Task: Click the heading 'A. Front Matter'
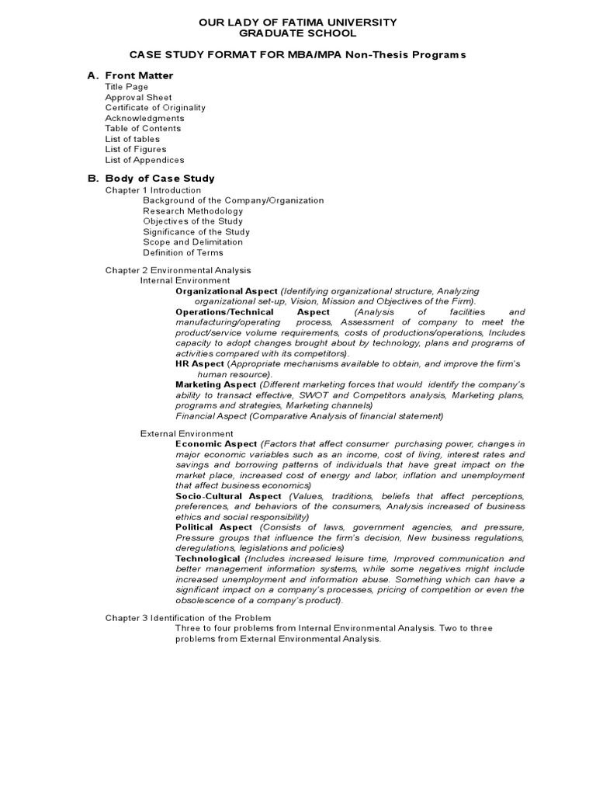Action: [130, 75]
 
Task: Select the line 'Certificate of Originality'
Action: [155, 108]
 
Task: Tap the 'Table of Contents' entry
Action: [143, 129]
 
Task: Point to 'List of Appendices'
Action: [144, 160]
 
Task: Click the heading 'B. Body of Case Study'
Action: [151, 179]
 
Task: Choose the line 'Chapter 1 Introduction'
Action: [153, 190]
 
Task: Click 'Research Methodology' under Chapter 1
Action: [192, 211]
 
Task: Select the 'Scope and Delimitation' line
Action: [192, 242]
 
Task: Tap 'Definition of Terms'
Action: [182, 252]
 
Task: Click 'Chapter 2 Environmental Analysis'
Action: [178, 270]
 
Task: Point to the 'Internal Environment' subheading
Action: [185, 280]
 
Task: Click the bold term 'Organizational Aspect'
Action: [227, 290]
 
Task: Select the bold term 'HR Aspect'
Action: [199, 363]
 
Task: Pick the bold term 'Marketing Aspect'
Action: [216, 384]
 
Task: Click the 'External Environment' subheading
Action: [186, 434]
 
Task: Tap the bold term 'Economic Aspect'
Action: [216, 444]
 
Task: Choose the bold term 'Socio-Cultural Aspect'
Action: [228, 496]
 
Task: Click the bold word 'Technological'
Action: [208, 559]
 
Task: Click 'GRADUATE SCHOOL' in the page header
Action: [298, 33]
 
